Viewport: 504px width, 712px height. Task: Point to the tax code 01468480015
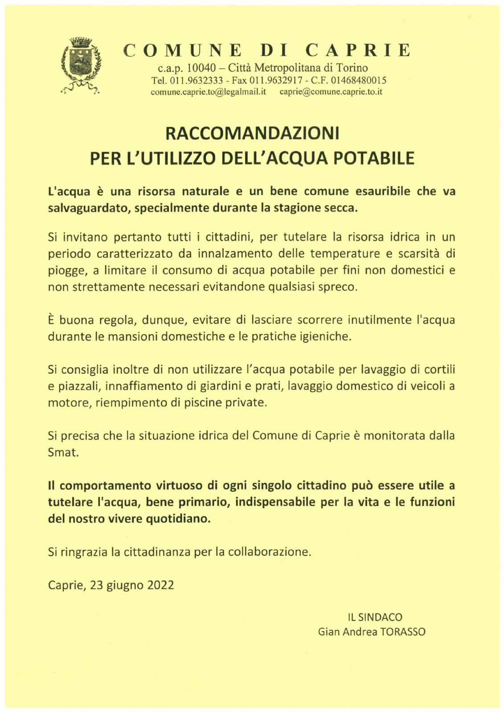358,81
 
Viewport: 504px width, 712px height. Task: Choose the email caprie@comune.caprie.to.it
331,92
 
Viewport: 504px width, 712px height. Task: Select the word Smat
63,453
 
